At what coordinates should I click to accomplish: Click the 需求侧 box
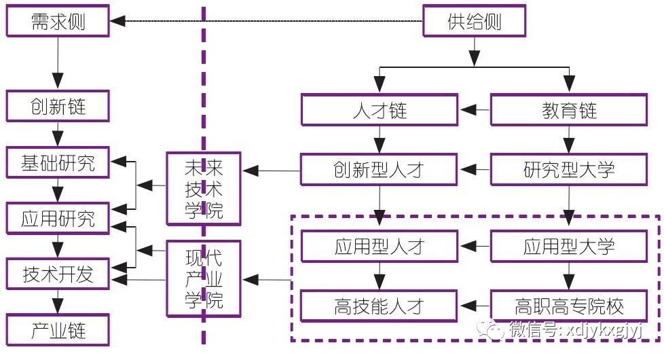(58, 22)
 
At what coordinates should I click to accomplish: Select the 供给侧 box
(474, 22)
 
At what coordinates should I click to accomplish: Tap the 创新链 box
(58, 107)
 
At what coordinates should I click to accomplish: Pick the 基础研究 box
(58, 163)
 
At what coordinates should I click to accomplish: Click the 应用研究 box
(58, 219)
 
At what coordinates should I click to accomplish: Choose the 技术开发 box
(58, 274)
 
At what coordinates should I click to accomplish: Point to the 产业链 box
(58, 330)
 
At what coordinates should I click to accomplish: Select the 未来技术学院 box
(204, 189)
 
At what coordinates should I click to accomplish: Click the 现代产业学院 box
(204, 278)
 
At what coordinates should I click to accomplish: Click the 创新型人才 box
(380, 169)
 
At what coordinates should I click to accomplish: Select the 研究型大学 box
(568, 169)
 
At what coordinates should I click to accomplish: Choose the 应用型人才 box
(380, 246)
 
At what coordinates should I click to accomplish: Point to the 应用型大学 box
(568, 246)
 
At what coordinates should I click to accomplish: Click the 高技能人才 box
(380, 306)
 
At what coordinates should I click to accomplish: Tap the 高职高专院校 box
(568, 306)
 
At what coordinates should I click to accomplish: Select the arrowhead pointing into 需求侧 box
(118, 22)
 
